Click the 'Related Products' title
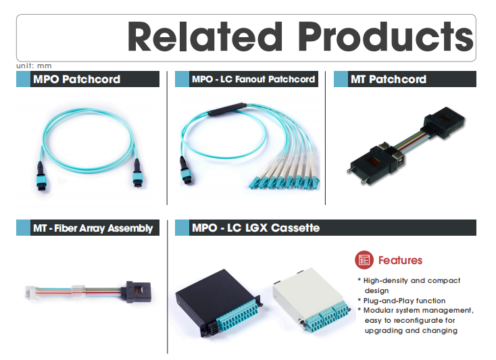point(301,37)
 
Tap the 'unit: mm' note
point(34,66)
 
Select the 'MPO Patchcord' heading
point(76,79)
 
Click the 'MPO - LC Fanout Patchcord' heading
point(253,79)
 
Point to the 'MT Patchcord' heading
point(389,79)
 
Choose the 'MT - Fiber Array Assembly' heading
point(93,228)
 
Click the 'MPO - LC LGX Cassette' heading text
point(255,228)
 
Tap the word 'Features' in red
point(400,260)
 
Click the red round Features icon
point(364,260)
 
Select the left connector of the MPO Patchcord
point(41,176)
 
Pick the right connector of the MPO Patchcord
point(137,173)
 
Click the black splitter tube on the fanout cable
point(227,109)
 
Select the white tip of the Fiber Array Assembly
point(31,292)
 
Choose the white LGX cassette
point(312,299)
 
